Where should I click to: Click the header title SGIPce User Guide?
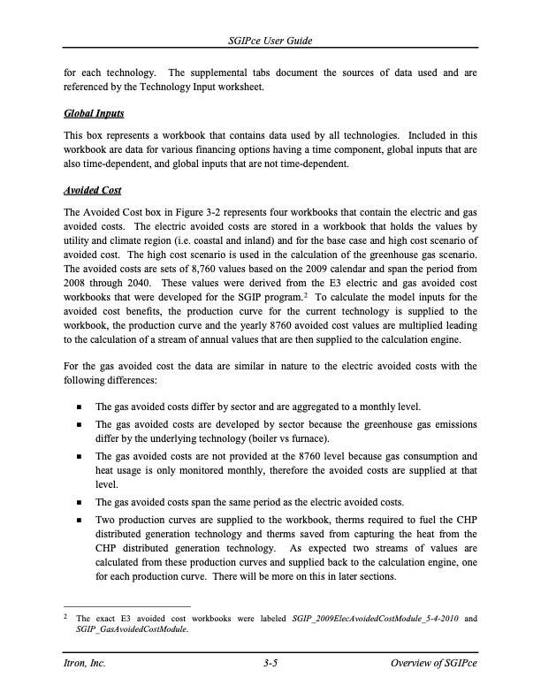[270, 42]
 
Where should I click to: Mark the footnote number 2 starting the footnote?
[66, 616]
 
